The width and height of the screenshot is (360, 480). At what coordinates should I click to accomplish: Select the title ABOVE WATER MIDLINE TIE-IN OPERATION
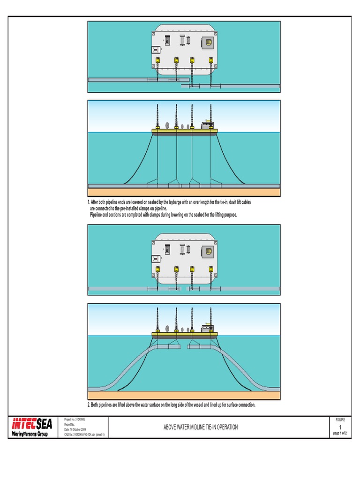(200, 427)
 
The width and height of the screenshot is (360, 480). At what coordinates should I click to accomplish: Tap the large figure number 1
(339, 427)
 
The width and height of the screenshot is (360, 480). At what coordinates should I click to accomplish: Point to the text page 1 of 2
(339, 434)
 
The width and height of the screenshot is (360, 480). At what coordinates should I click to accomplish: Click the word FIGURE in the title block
(339, 420)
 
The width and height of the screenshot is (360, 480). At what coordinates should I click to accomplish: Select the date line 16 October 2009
(75, 429)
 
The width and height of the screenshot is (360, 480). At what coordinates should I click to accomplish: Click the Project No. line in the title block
(75, 420)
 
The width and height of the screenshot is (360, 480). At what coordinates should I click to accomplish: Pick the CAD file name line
(84, 435)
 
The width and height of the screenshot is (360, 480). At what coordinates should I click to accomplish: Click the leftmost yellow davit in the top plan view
(158, 60)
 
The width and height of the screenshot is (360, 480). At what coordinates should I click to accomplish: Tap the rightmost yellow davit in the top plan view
(211, 60)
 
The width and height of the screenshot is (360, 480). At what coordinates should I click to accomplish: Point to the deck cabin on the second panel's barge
(206, 125)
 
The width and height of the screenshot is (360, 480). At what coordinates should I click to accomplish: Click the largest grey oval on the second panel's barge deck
(167, 126)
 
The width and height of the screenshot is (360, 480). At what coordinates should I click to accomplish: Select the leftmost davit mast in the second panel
(158, 115)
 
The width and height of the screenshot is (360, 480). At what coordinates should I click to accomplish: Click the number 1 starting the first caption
(89, 202)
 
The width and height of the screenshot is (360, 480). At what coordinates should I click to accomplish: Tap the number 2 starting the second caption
(89, 405)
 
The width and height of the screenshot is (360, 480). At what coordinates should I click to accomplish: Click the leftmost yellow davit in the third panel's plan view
(158, 270)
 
